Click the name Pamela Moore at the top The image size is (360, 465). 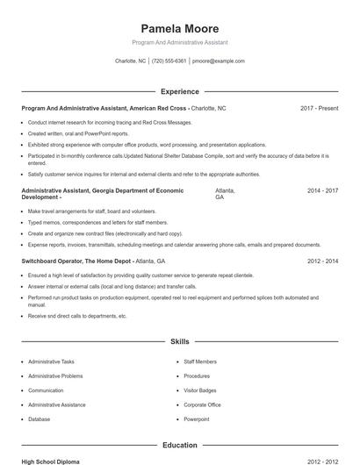point(180,29)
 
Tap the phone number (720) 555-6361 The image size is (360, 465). point(169,61)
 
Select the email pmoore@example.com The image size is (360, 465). point(219,61)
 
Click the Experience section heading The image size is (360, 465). point(180,91)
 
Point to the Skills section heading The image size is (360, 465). point(180,341)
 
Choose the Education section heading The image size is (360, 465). point(180,446)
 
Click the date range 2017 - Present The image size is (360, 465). point(319,108)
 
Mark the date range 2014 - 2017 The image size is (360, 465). point(322,190)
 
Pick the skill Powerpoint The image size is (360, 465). point(197,419)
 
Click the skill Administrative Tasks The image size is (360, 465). point(51,361)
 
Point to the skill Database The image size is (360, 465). point(39,419)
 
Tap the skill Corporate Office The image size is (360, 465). point(202,405)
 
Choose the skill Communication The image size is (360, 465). point(46,390)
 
